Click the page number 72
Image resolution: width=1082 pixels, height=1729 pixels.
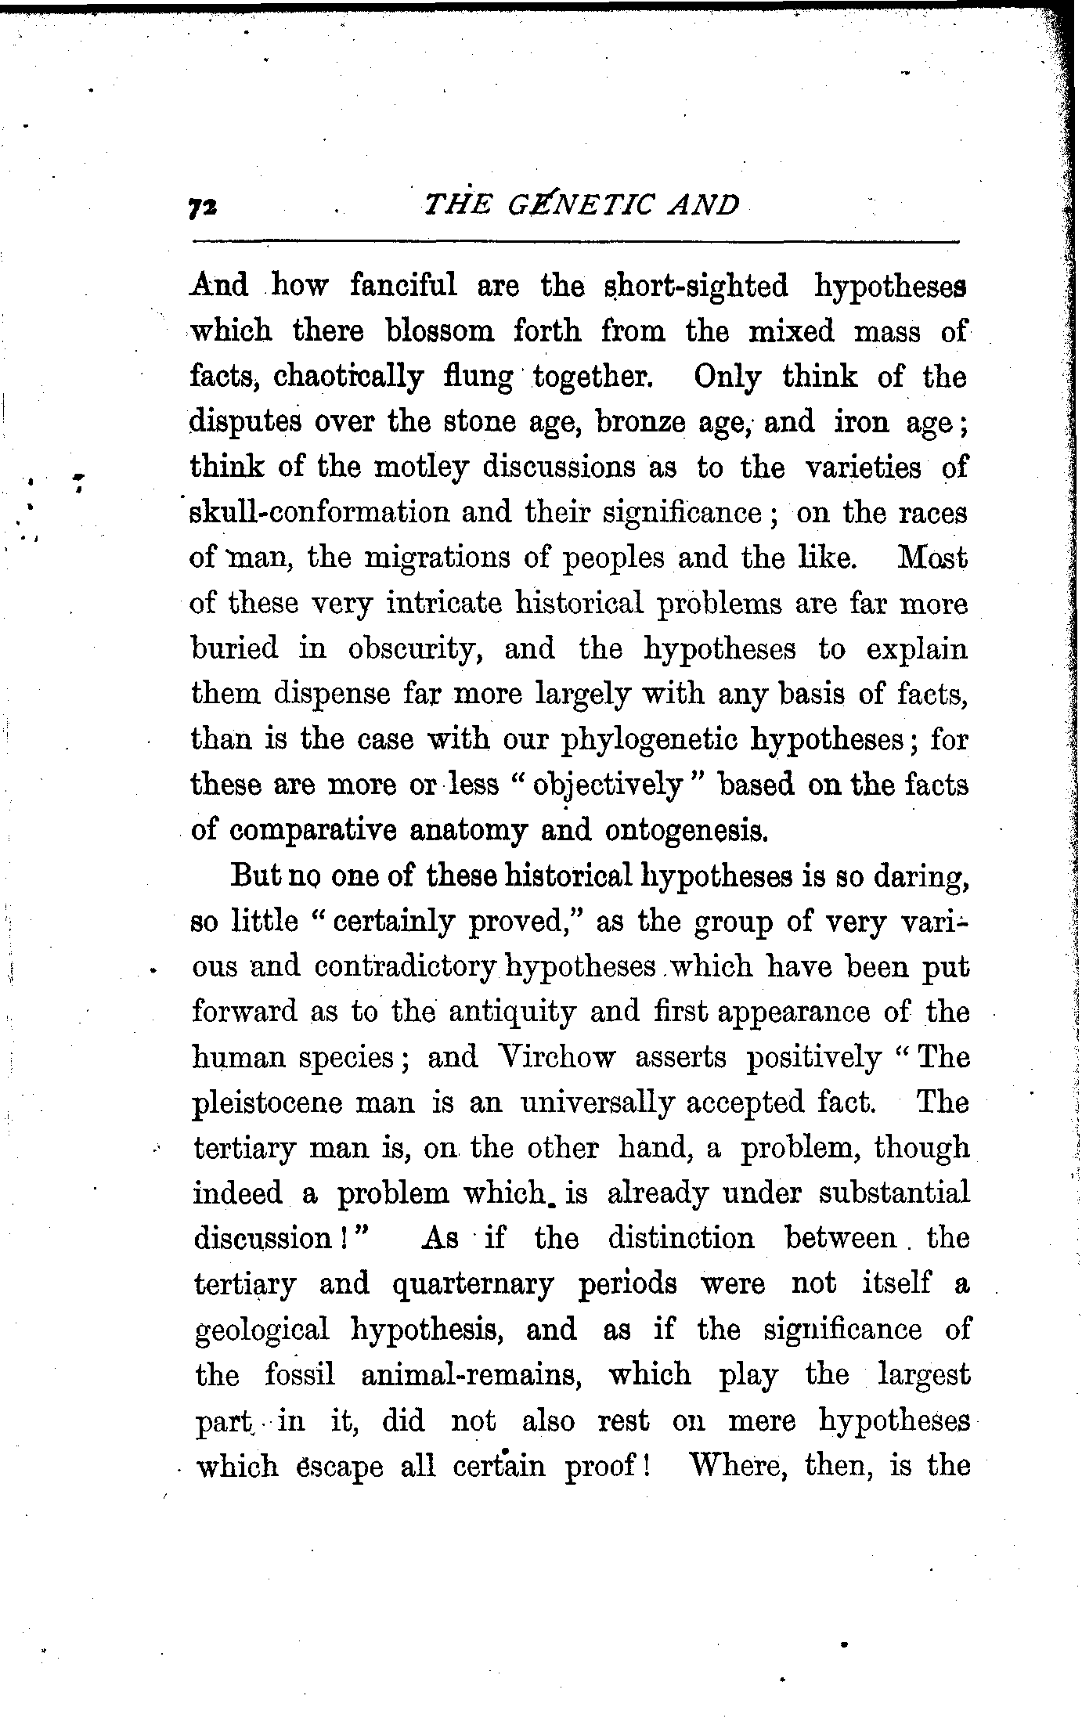pos(202,206)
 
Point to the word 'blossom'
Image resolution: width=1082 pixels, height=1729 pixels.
pos(441,332)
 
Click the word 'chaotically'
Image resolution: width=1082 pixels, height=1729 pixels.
pos(348,378)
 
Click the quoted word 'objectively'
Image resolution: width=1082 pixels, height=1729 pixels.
pos(605,785)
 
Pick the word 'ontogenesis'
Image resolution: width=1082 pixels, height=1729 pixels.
pos(685,830)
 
